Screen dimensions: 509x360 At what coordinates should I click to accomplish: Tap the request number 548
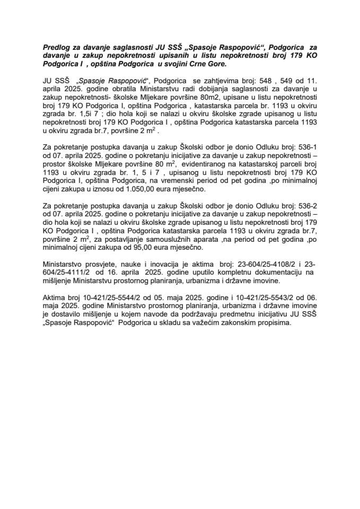269,80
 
